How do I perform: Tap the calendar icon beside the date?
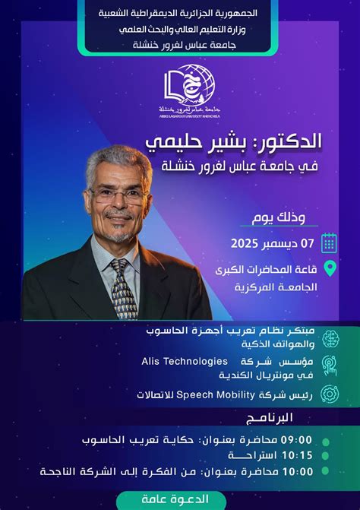[329, 242]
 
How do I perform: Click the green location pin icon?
[330, 268]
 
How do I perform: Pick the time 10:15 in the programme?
[297, 456]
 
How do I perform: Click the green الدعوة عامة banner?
[182, 499]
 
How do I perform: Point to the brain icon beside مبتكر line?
[330, 337]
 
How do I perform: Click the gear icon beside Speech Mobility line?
[330, 394]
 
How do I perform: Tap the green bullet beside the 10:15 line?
[326, 456]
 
